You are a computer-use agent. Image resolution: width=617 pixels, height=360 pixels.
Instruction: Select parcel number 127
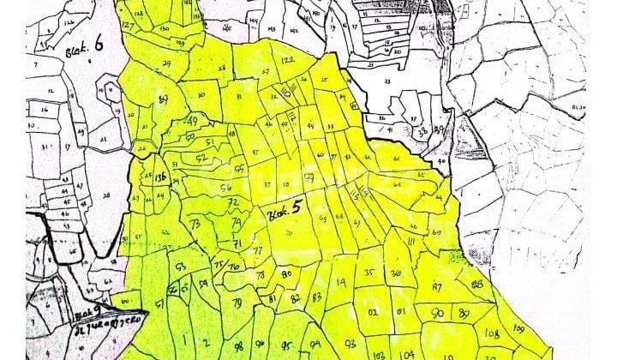(x=128, y=25)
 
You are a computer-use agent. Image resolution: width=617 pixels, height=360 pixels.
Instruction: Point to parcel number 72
(x=232, y=202)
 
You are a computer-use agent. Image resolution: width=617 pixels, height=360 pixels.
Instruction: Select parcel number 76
(x=234, y=266)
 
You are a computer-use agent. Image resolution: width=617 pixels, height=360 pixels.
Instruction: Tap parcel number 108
(x=492, y=332)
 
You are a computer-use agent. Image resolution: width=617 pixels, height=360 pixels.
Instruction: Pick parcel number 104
(x=407, y=352)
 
